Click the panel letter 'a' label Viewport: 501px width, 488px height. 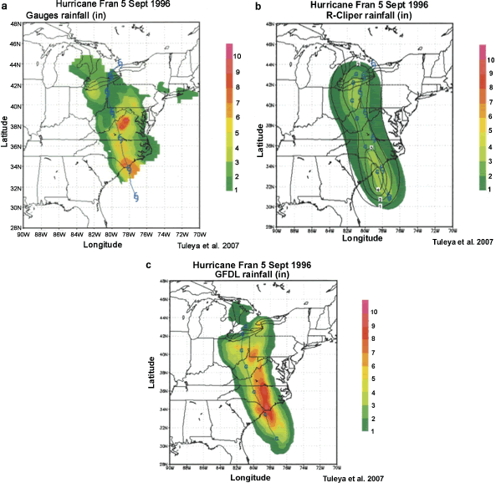pyautogui.click(x=5, y=7)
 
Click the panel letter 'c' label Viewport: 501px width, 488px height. pyautogui.click(x=148, y=267)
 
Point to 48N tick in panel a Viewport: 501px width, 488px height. pyautogui.click(x=16, y=24)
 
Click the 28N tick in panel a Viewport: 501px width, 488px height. pyautogui.click(x=16, y=226)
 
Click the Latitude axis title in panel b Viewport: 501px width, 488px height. pyautogui.click(x=262, y=134)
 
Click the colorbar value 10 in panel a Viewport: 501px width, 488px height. pyautogui.click(x=238, y=55)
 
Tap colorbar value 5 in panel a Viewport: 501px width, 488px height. pyautogui.click(x=238, y=132)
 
